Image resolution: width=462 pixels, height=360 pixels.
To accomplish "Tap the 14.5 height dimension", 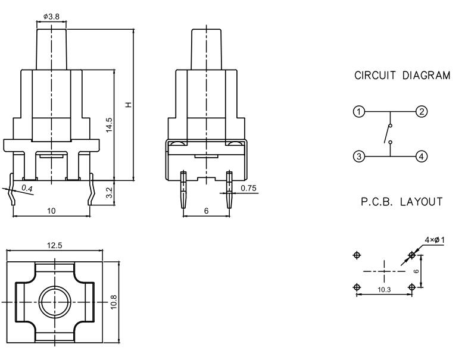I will (109, 124).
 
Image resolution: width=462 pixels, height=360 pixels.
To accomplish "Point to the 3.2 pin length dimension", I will (109, 192).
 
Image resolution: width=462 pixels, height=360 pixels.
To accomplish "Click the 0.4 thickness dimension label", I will (27, 189).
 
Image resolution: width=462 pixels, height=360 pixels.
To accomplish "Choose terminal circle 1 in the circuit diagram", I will (358, 112).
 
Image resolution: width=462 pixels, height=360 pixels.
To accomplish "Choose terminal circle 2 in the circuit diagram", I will (420, 112).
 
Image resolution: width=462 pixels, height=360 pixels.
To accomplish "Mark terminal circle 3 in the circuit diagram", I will (358, 156).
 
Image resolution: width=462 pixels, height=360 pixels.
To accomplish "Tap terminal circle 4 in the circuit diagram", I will (420, 156).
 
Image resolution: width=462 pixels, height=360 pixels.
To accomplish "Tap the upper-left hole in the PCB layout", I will (357, 255).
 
